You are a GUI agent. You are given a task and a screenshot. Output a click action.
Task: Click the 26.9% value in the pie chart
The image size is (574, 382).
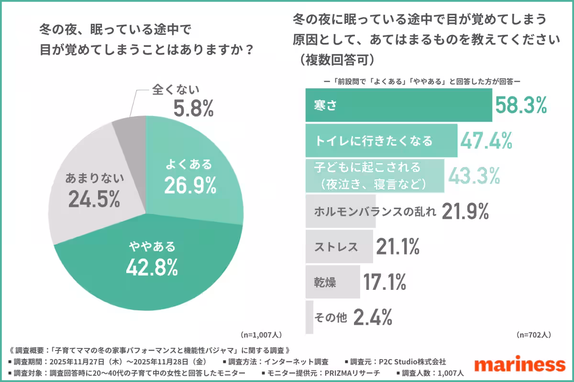coord(189,185)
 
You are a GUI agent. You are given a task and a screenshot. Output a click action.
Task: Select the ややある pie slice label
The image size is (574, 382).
coord(152,247)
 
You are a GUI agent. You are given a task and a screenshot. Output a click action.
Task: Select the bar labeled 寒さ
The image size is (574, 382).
coord(398,106)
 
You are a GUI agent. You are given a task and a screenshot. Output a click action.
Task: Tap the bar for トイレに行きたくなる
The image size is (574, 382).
coord(381,141)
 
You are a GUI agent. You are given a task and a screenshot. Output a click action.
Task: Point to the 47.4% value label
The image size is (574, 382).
coord(486,141)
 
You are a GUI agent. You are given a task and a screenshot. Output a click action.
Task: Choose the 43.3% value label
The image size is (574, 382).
coord(474,176)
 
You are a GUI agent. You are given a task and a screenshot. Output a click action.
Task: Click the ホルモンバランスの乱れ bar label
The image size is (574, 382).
coord(375,211)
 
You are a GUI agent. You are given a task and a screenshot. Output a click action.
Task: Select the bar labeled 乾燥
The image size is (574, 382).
coord(333,282)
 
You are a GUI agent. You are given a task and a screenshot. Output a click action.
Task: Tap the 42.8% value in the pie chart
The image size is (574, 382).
coord(152,267)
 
